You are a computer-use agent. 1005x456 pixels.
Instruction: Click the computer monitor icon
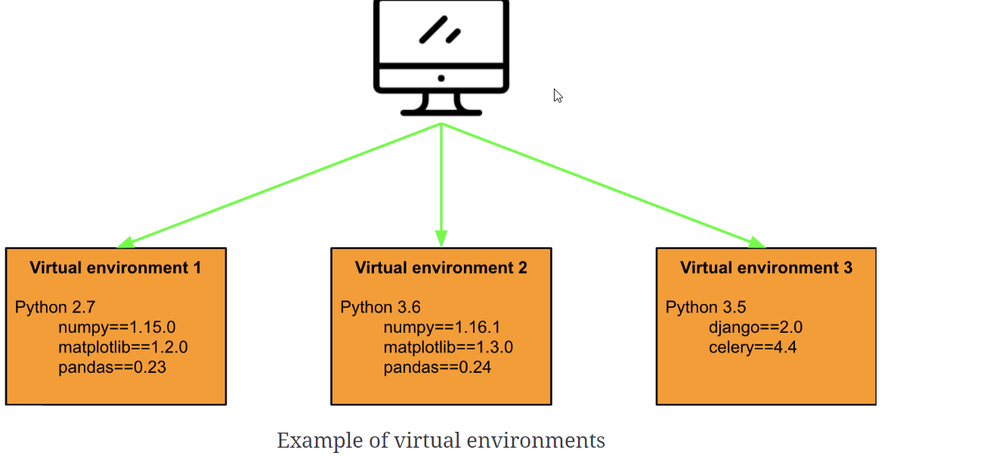coord(441,57)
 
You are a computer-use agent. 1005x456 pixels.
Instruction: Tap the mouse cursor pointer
coord(558,95)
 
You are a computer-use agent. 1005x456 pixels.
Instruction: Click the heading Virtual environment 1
coord(116,268)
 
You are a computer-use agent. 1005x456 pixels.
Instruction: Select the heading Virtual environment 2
coord(441,268)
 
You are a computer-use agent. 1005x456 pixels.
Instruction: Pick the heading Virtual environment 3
coord(766,268)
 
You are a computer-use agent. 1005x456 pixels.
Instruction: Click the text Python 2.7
coord(55,307)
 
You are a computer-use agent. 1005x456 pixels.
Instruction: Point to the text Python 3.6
coord(380,307)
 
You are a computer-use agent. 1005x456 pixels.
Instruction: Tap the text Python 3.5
coord(705,307)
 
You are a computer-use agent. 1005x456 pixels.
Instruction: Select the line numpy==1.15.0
coord(117,327)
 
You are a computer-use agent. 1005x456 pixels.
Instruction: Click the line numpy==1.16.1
coord(442,327)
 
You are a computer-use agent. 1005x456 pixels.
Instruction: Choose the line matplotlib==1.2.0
coord(122,348)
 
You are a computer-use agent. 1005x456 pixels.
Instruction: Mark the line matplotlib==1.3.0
coord(448,348)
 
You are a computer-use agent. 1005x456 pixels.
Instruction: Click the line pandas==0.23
coord(112,368)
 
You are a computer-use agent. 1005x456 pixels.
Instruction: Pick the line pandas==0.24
coord(438,368)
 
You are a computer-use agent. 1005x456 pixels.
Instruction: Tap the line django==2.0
coord(756,327)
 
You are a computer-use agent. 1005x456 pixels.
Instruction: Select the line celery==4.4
coord(753,348)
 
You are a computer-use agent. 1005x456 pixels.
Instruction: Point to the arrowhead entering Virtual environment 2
coord(441,238)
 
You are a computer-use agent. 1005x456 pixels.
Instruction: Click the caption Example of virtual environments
coord(441,440)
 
